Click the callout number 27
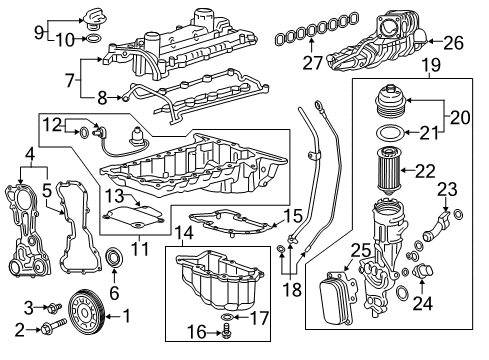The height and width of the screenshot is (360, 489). [313, 63]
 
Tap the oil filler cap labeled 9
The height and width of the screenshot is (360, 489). [93, 18]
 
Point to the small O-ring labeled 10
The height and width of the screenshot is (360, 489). [93, 39]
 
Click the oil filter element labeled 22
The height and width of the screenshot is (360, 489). [388, 172]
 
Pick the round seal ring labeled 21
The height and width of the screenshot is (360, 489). [390, 132]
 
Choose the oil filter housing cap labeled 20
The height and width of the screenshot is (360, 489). [391, 100]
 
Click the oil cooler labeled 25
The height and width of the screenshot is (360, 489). [336, 297]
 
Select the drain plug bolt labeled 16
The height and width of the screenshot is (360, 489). [227, 331]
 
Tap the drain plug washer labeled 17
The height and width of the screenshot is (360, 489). [227, 316]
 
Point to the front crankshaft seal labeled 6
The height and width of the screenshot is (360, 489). [114, 257]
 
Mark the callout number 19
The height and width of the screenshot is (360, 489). [431, 65]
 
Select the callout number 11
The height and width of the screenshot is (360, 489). [140, 248]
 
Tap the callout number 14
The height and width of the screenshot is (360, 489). [183, 233]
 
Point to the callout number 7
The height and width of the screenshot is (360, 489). [70, 80]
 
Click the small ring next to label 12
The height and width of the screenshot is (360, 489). [84, 133]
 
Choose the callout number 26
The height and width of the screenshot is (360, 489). [454, 43]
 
